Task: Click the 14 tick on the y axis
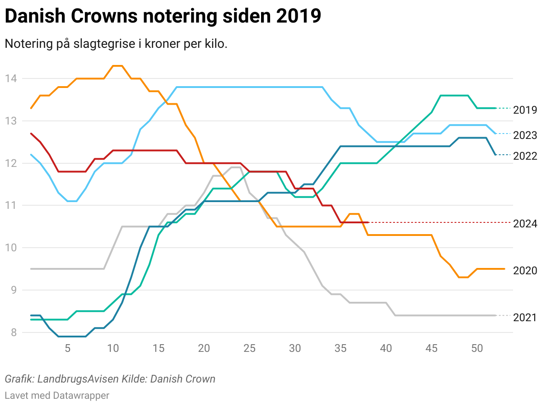tap(11, 79)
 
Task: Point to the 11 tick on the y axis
tap(11, 206)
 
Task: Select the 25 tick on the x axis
tap(249, 348)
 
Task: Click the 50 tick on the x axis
tap(477, 348)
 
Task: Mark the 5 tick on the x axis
tap(67, 348)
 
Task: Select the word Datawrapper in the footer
tap(81, 396)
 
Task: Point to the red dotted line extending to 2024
tap(438, 222)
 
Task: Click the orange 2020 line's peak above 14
tap(117, 66)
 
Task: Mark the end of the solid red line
tap(369, 222)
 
